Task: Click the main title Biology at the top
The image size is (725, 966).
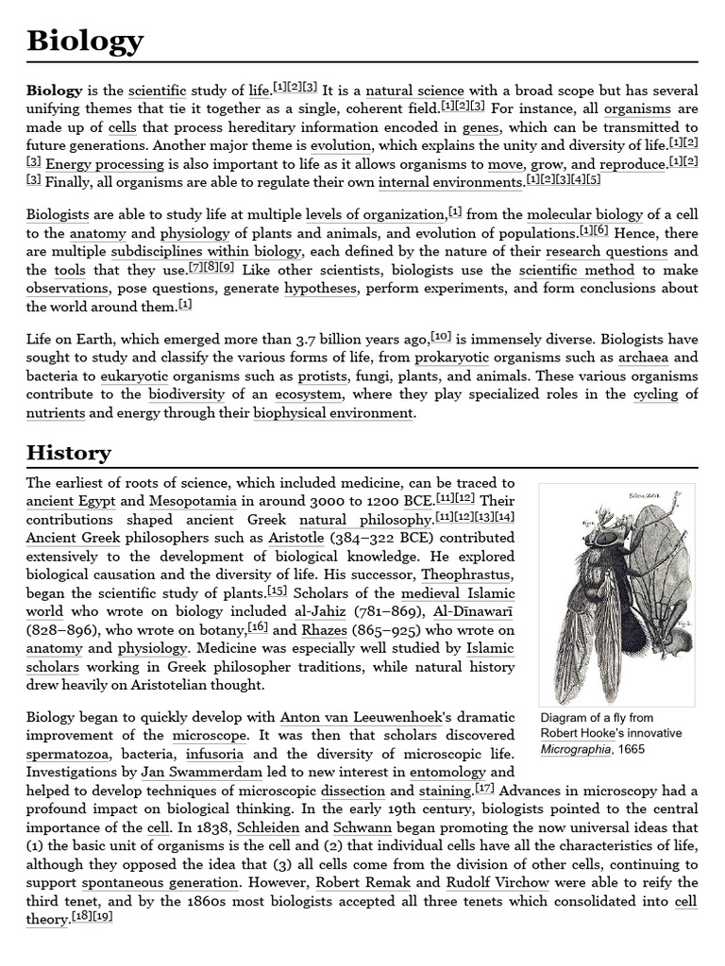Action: pos(85,42)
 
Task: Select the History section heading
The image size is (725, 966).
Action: pos(69,453)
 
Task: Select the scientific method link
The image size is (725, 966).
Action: pos(577,271)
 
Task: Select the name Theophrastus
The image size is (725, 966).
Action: pos(467,575)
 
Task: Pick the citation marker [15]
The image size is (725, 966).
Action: pos(278,591)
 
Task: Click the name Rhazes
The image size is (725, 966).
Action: pos(324,630)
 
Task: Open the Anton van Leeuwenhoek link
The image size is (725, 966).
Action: pos(350,717)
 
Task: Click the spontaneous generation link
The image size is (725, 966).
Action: pos(160,883)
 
